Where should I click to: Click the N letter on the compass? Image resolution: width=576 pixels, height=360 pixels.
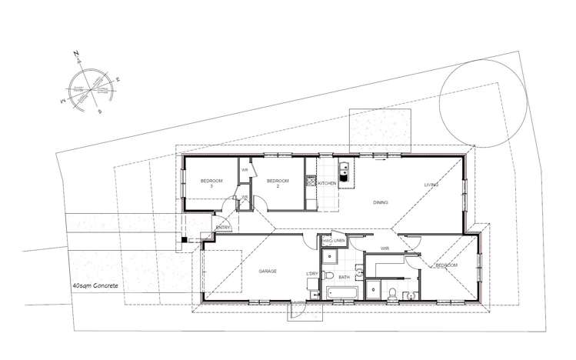point(76,54)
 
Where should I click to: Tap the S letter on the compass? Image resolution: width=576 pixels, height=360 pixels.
point(100,111)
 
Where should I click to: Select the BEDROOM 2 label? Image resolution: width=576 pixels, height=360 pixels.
point(277,183)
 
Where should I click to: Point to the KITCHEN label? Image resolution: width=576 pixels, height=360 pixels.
point(326,184)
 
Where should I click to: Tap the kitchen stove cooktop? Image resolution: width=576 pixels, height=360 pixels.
point(311,182)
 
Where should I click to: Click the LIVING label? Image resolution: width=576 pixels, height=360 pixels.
point(431,185)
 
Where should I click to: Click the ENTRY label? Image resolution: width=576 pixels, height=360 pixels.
point(224,227)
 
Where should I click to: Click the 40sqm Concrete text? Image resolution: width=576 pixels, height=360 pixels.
point(95,285)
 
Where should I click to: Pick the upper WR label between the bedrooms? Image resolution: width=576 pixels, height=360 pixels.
point(245,170)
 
